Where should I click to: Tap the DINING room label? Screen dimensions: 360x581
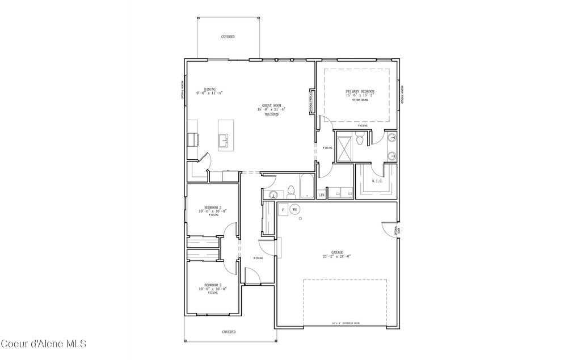pyautogui.click(x=210, y=90)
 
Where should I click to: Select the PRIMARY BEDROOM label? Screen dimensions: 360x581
pyautogui.click(x=360, y=91)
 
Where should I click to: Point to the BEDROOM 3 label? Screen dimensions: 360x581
pyautogui.click(x=213, y=209)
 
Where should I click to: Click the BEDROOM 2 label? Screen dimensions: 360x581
pyautogui.click(x=213, y=286)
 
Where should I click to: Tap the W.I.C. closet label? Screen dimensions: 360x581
pyautogui.click(x=376, y=181)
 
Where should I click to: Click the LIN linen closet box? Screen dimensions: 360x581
pyautogui.click(x=321, y=195)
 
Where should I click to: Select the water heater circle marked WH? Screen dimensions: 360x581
pyautogui.click(x=294, y=209)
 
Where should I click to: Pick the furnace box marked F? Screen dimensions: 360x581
pyautogui.click(x=283, y=209)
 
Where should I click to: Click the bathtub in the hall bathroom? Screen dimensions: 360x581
pyautogui.click(x=306, y=187)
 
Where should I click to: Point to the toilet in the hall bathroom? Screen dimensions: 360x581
pyautogui.click(x=290, y=191)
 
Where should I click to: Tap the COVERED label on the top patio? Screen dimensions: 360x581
pyautogui.click(x=228, y=37)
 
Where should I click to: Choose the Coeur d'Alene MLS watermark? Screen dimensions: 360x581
pyautogui.click(x=43, y=344)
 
